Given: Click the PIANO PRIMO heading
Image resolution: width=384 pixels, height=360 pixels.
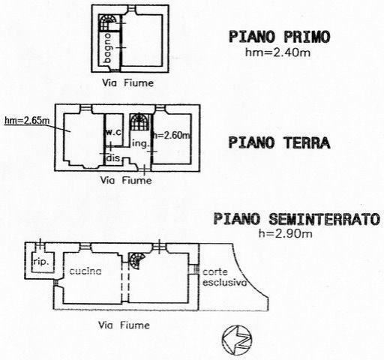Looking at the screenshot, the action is click(280, 37).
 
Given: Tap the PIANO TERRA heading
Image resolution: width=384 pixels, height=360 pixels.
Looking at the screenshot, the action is click(279, 143).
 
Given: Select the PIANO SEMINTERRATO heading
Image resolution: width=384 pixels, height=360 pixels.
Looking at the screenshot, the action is click(297, 219).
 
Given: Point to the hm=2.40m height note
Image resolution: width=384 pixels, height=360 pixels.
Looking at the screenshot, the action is click(277, 52).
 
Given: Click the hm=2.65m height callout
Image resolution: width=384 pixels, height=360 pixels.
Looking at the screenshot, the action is click(27, 121).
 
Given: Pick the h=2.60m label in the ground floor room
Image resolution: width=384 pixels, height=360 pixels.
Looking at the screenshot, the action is click(172, 135).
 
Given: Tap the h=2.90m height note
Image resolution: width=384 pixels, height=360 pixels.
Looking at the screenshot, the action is click(285, 234).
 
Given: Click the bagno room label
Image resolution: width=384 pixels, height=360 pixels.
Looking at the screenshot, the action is click(108, 48).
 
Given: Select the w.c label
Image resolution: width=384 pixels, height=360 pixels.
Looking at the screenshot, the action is click(114, 132).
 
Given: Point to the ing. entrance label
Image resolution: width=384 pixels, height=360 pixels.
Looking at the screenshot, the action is click(140, 144).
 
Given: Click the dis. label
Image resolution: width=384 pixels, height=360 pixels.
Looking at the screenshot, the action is click(114, 158).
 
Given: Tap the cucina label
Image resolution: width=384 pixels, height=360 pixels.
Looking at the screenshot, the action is click(85, 271).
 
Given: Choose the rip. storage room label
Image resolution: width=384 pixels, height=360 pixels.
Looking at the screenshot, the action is click(41, 262).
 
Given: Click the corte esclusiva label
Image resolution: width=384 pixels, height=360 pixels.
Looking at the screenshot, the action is click(225, 277).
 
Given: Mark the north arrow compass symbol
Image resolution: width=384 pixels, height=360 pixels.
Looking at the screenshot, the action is click(237, 340).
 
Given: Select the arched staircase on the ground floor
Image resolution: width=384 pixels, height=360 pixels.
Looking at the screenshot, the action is click(140, 121).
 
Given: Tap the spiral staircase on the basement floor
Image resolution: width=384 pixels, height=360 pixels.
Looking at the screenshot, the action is click(136, 260).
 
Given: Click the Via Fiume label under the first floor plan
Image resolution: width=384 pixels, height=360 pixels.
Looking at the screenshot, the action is click(127, 83).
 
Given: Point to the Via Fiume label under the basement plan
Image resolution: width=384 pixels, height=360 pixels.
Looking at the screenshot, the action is click(124, 325).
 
